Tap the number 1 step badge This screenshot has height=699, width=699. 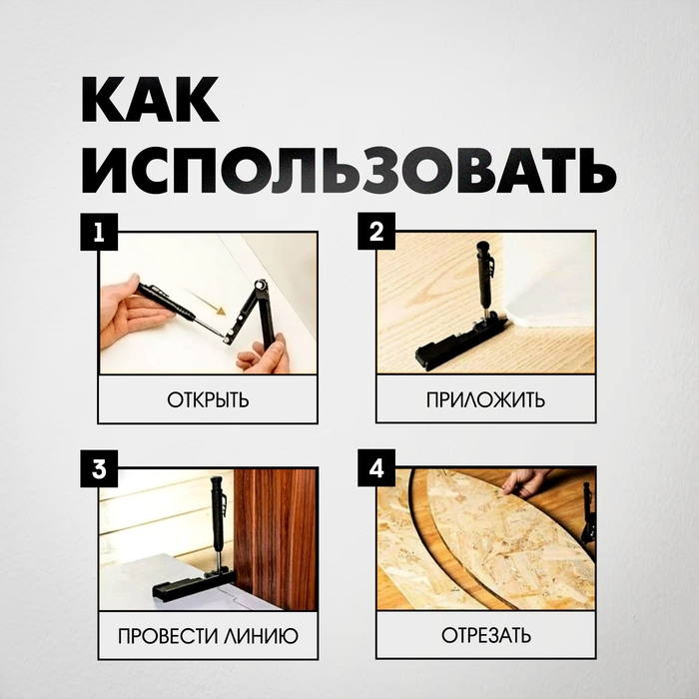(x=99, y=234)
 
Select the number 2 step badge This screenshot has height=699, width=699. (x=375, y=234)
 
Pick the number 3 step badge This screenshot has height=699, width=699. (x=99, y=467)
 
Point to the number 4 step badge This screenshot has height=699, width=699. (x=375, y=467)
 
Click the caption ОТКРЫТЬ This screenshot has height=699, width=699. (x=208, y=400)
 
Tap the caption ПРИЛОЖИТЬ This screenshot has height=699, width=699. (x=485, y=400)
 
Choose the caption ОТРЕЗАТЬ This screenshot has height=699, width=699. (x=485, y=635)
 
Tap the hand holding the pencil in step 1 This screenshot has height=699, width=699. (x=130, y=305)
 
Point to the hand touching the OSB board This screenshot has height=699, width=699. (x=525, y=482)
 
